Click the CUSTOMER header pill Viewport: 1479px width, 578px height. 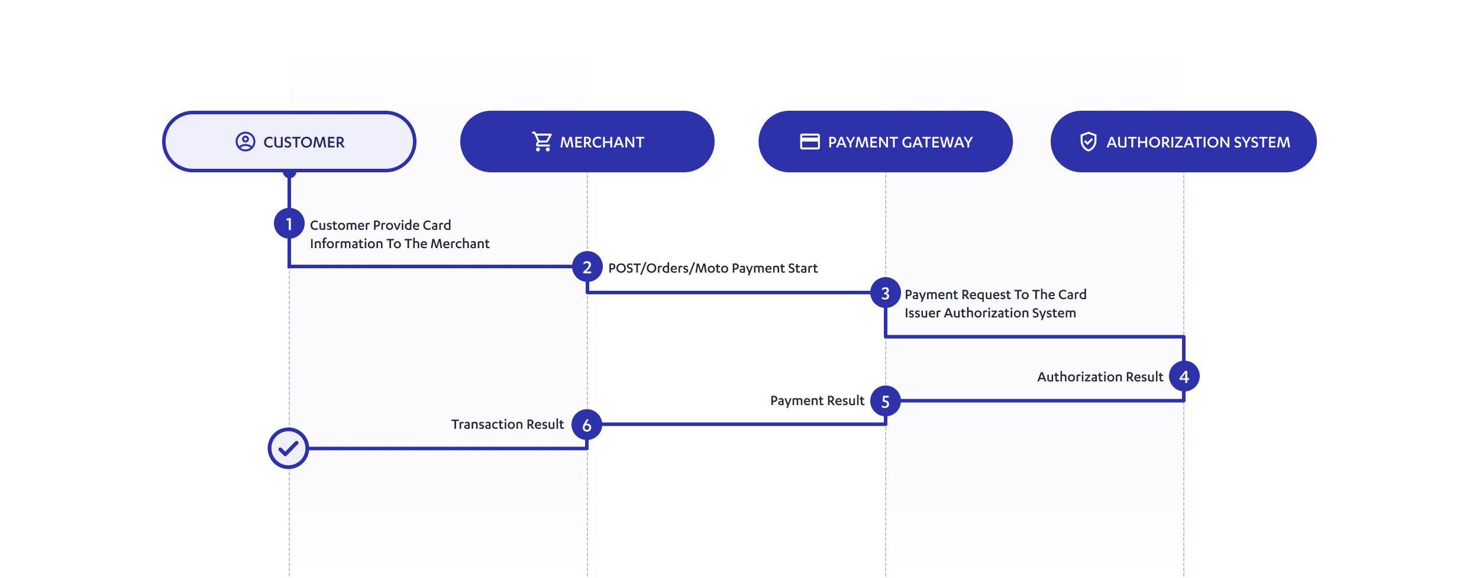pyautogui.click(x=289, y=142)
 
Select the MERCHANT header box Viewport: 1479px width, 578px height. pyautogui.click(x=587, y=142)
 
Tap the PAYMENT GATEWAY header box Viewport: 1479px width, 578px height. pyautogui.click(x=885, y=142)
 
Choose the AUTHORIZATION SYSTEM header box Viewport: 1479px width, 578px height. pyautogui.click(x=1183, y=142)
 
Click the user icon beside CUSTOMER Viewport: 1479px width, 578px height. pyautogui.click(x=245, y=142)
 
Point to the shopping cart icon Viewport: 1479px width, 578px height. pyautogui.click(x=542, y=142)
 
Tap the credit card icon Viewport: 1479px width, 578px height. pyautogui.click(x=809, y=142)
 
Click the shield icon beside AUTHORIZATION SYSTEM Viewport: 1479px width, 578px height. pyautogui.click(x=1088, y=142)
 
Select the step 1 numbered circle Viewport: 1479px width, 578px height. pyautogui.click(x=289, y=224)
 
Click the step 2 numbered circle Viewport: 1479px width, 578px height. pyautogui.click(x=587, y=267)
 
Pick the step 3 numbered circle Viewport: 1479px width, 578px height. pyautogui.click(x=885, y=293)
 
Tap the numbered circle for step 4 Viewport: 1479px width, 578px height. pyautogui.click(x=1184, y=377)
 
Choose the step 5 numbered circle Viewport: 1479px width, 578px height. pyautogui.click(x=885, y=402)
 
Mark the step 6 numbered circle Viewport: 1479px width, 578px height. pyautogui.click(x=587, y=425)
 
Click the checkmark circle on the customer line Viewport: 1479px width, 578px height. pyautogui.click(x=288, y=448)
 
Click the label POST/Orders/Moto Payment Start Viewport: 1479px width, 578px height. pyautogui.click(x=712, y=268)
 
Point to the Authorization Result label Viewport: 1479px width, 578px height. pyautogui.click(x=1100, y=377)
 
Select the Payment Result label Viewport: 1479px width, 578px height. pyautogui.click(x=817, y=401)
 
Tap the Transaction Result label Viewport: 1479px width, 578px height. pyautogui.click(x=508, y=425)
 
